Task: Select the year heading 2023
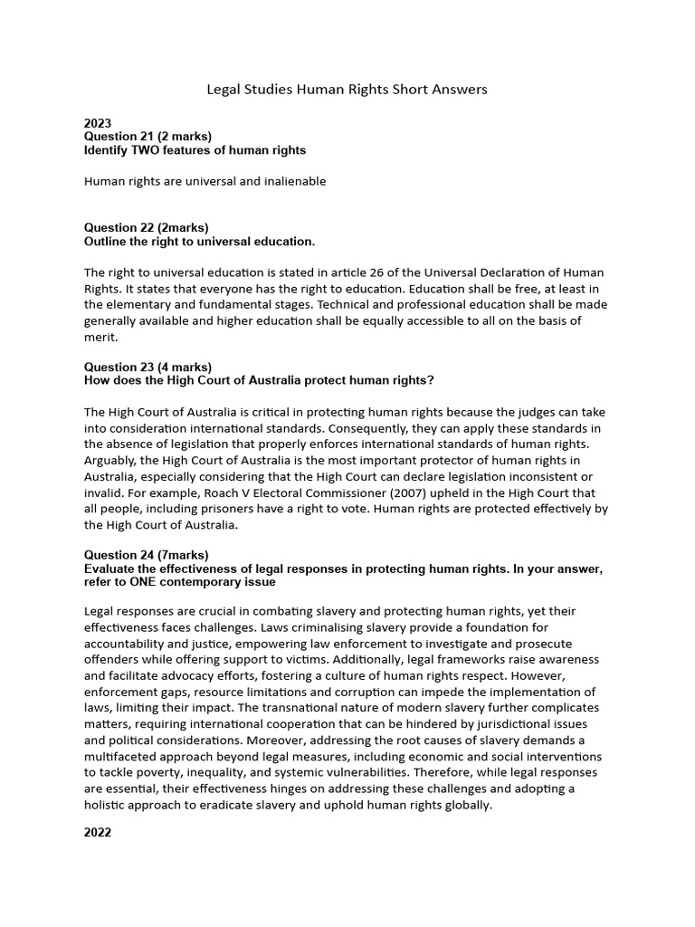coord(98,123)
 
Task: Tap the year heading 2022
coord(98,832)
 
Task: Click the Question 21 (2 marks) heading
coord(148,137)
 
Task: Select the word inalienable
coord(291,181)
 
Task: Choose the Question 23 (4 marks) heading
coord(148,367)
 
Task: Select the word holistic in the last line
coord(105,804)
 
